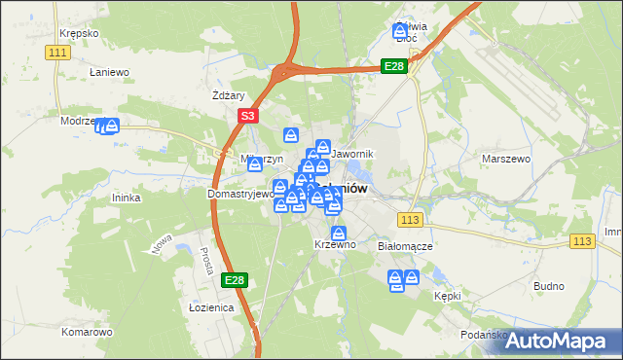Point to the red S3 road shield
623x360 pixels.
coord(247,116)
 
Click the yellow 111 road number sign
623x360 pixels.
coord(58,52)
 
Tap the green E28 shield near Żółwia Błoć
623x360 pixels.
coord(393,66)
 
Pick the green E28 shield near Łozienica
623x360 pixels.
coord(234,280)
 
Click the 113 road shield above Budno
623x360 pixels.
coord(583,241)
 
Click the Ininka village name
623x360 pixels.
coord(127,198)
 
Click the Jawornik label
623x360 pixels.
coord(352,155)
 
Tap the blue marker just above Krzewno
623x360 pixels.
coord(339,234)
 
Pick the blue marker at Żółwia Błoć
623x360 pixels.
coord(400,32)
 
